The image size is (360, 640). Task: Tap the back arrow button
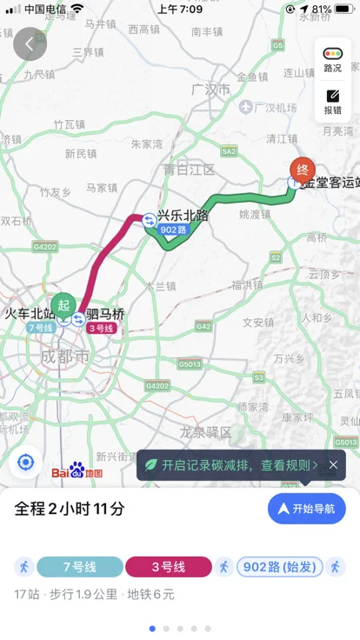(30, 43)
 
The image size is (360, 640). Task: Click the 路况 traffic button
(332, 59)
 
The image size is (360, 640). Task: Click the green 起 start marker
(63, 304)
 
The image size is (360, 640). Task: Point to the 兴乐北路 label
(183, 215)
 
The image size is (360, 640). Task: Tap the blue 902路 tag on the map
(173, 230)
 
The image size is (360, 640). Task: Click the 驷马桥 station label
(105, 314)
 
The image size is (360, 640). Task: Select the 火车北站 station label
(30, 313)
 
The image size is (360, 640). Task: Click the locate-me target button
(26, 462)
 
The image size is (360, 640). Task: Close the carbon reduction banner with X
(333, 465)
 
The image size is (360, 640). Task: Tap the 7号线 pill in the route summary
(78, 567)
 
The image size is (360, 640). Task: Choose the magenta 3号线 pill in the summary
(169, 567)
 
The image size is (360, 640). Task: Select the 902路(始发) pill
(279, 567)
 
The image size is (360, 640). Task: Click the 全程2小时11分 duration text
(70, 510)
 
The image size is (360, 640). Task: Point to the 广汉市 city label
(210, 90)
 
